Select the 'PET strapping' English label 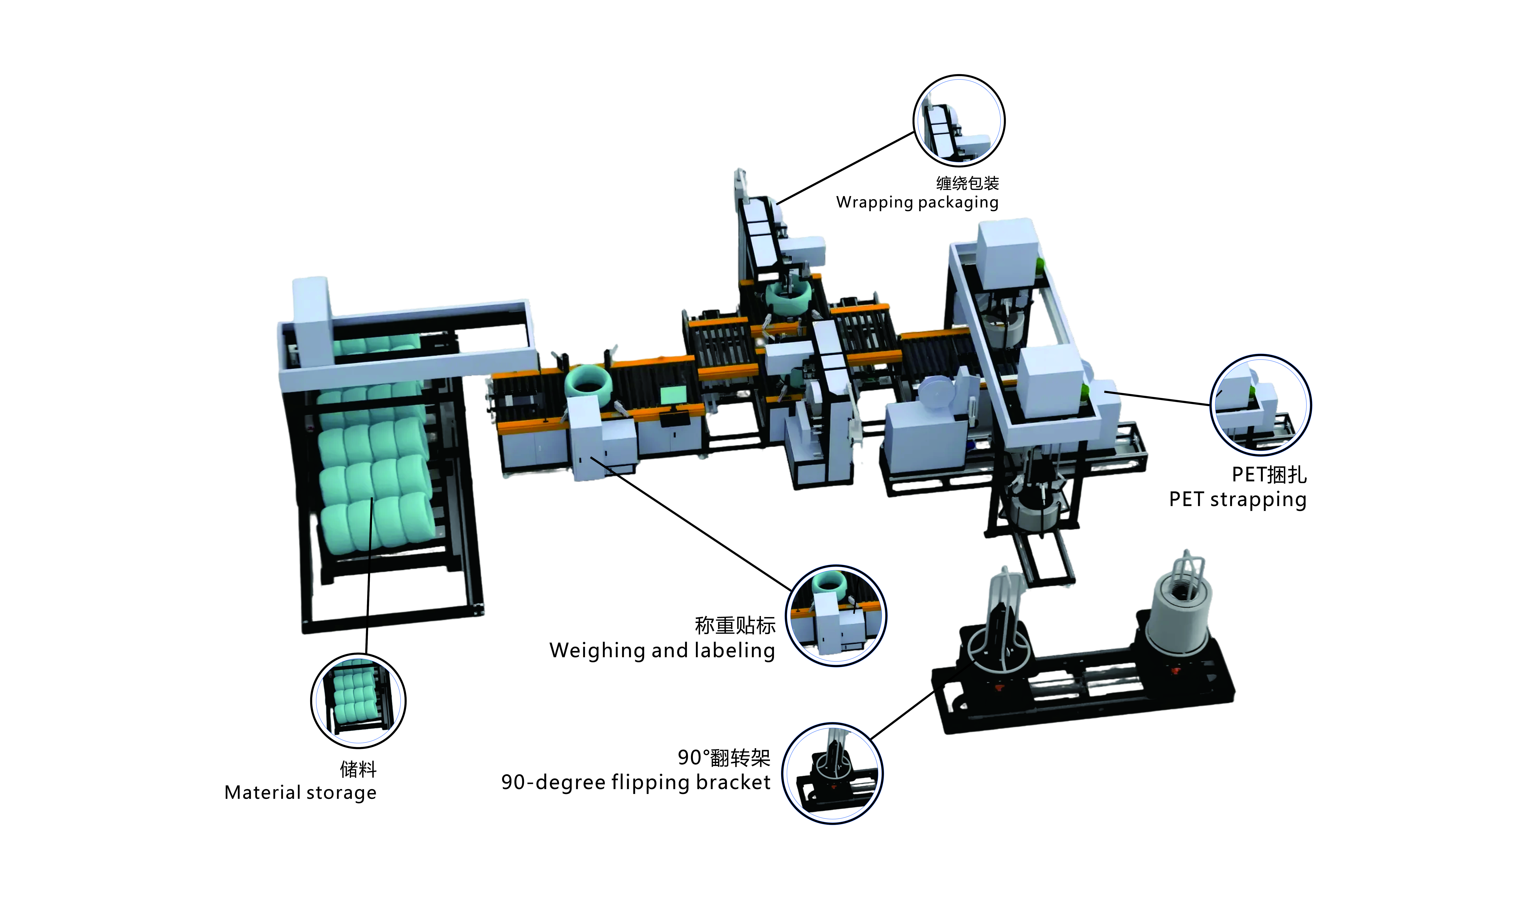click(1238, 499)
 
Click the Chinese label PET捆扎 click(1269, 474)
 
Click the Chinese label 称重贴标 click(735, 625)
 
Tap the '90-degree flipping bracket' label click(636, 782)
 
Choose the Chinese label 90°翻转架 click(724, 757)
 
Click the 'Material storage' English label click(300, 792)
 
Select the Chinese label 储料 click(358, 769)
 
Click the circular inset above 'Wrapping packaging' click(959, 121)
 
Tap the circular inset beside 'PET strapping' click(1260, 405)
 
